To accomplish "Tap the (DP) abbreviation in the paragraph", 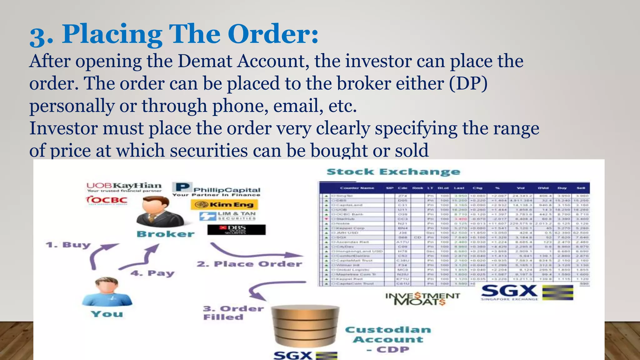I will (468, 83).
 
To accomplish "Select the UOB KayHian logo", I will (124, 187).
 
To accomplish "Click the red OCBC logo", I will (107, 200).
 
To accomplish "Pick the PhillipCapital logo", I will (216, 189).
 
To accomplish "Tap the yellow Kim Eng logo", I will (224, 205).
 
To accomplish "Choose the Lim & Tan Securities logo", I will (228, 216).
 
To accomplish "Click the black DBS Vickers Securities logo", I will (237, 230).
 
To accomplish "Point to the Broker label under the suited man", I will (166, 234).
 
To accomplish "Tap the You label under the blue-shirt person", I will (107, 314).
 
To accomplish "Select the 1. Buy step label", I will (68, 245).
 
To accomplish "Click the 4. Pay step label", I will (152, 273).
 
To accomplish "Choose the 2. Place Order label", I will (249, 264).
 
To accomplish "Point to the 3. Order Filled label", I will (233, 313).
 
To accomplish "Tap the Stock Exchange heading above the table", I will (393, 172).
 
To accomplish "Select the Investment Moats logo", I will (422, 298).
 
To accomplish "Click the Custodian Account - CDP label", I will (388, 339).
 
